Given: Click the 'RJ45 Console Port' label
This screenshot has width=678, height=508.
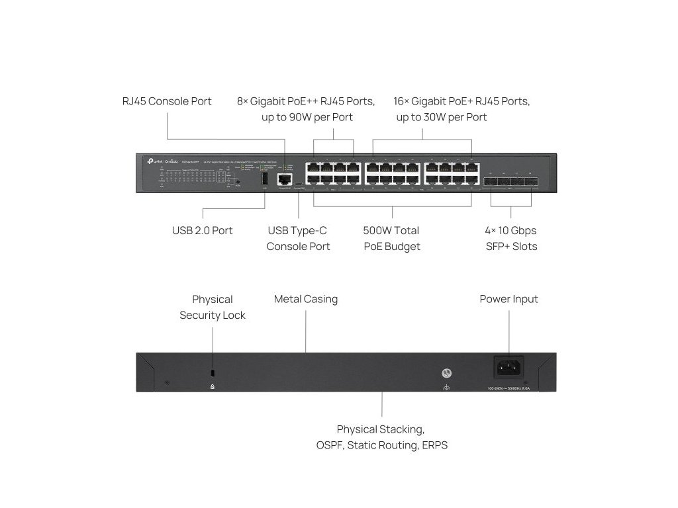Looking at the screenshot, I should click(167, 101).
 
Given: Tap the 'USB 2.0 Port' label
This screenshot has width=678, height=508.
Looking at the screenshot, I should click(203, 231).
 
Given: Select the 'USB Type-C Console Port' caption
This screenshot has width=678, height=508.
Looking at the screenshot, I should click(298, 239).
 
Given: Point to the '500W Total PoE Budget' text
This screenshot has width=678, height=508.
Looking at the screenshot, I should click(391, 239).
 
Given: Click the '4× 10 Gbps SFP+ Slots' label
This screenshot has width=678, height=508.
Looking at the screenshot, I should click(510, 239).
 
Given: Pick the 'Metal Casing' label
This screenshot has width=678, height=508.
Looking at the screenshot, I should click(306, 299).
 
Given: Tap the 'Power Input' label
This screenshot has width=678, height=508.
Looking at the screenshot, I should click(508, 299).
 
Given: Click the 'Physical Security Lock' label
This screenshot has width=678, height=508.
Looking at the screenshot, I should click(213, 308).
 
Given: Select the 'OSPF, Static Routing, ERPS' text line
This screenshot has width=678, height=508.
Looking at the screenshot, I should click(382, 445).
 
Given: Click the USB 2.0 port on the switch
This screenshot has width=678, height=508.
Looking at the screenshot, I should click(264, 180).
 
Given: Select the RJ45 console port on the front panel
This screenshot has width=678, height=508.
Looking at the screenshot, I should click(285, 179).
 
